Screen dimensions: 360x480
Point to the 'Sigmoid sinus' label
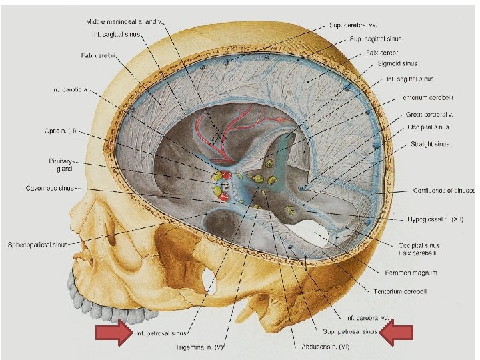[398, 64]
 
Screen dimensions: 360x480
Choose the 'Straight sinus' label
[428, 143]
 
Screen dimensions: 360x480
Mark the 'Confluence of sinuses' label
[442, 191]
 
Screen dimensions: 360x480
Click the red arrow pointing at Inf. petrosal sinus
[114, 333]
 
